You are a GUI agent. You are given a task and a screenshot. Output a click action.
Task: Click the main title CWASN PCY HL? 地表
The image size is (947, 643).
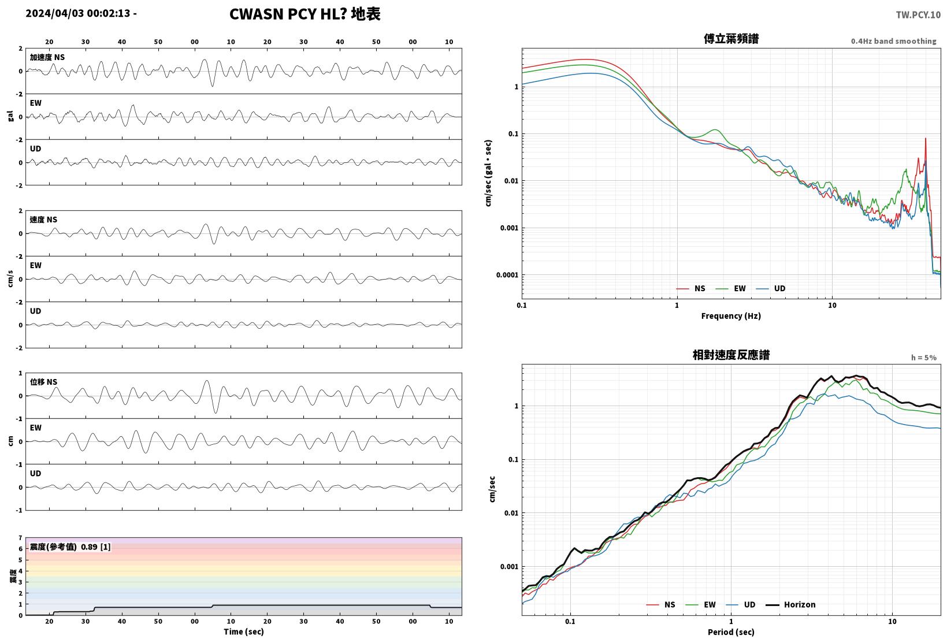[x=305, y=14]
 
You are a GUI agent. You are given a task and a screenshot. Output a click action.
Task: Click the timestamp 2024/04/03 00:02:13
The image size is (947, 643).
[x=78, y=13]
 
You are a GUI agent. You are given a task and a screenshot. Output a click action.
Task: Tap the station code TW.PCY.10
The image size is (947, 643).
[x=918, y=15]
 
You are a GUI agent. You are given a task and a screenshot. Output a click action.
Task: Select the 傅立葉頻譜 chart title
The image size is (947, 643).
[x=731, y=39]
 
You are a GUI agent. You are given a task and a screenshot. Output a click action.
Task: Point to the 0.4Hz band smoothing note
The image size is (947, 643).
[x=894, y=41]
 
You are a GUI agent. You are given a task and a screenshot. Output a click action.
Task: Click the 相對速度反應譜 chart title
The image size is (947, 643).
[x=731, y=355]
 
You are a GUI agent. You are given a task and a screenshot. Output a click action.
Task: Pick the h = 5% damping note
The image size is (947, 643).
[x=924, y=358]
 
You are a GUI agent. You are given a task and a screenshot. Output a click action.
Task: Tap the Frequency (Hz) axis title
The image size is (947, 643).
[x=731, y=316]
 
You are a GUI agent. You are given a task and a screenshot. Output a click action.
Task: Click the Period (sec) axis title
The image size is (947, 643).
[x=731, y=632]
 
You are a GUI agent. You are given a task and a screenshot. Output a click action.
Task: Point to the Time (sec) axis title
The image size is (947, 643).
[x=243, y=631]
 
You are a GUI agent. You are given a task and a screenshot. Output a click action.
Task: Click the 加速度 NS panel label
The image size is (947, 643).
[x=47, y=57]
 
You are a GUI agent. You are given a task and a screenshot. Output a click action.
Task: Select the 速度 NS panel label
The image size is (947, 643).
[x=43, y=220]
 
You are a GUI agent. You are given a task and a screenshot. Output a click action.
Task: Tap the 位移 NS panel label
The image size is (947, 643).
[x=43, y=382]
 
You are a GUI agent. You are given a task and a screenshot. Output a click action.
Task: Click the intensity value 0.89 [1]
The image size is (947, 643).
[x=95, y=547]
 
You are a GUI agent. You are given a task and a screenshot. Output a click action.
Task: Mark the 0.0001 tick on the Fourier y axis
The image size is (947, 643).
[x=507, y=275]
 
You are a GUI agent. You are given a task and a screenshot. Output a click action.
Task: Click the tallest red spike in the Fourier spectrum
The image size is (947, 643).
[x=926, y=139]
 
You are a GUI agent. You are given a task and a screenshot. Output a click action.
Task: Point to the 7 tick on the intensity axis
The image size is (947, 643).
[x=20, y=538]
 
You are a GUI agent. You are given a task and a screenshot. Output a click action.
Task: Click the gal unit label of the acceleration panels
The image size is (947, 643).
[x=10, y=116]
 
